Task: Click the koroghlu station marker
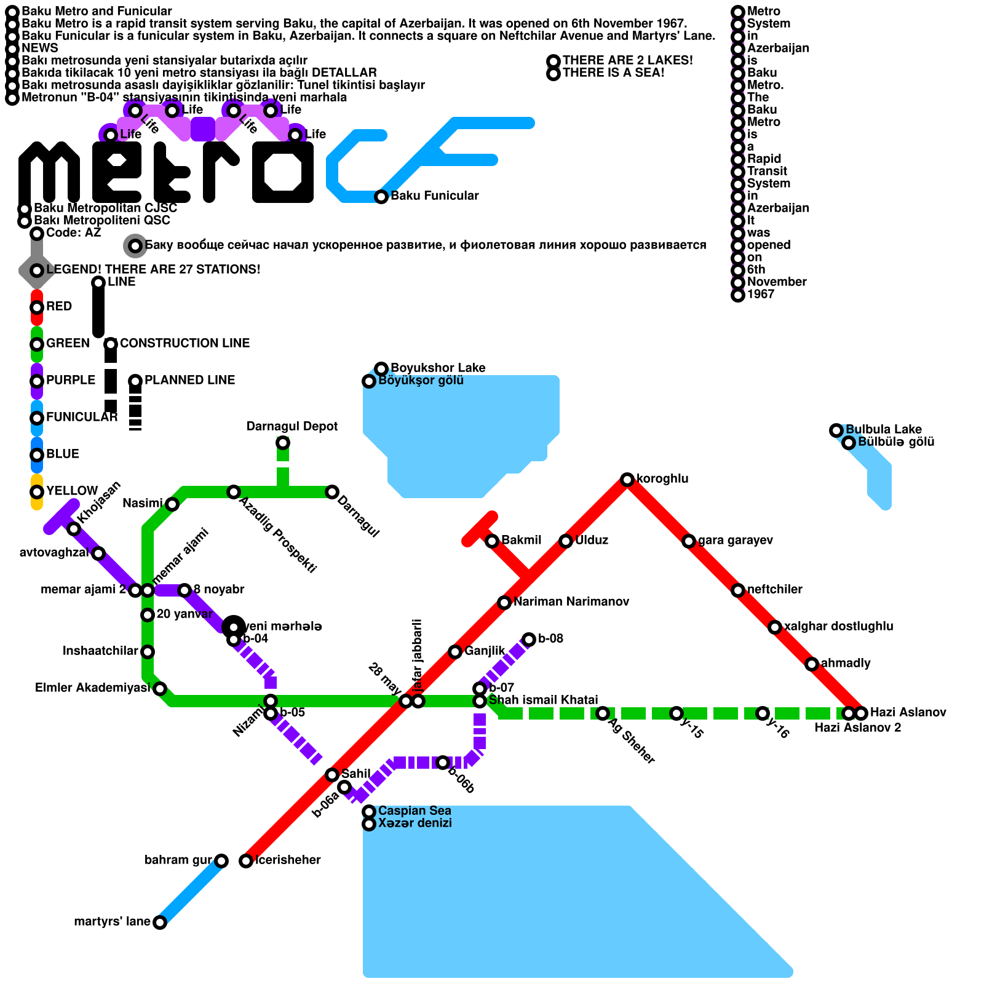pos(627,480)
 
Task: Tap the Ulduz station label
pos(592,540)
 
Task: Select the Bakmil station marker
pos(492,541)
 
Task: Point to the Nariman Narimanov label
pos(571,601)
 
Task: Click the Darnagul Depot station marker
pos(283,443)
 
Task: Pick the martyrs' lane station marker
pos(160,922)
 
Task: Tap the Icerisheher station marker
pos(246,861)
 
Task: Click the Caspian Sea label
pos(415,811)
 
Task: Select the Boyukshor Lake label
pos(438,368)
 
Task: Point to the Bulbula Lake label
pos(884,429)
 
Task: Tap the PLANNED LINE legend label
pos(190,380)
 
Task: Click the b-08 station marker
pos(529,640)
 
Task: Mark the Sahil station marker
pos(332,775)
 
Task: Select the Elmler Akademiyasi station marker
pos(160,689)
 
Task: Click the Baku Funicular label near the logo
pos(434,196)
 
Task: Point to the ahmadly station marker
pos(812,664)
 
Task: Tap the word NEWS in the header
pos(40,48)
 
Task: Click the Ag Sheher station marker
pos(603,713)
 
